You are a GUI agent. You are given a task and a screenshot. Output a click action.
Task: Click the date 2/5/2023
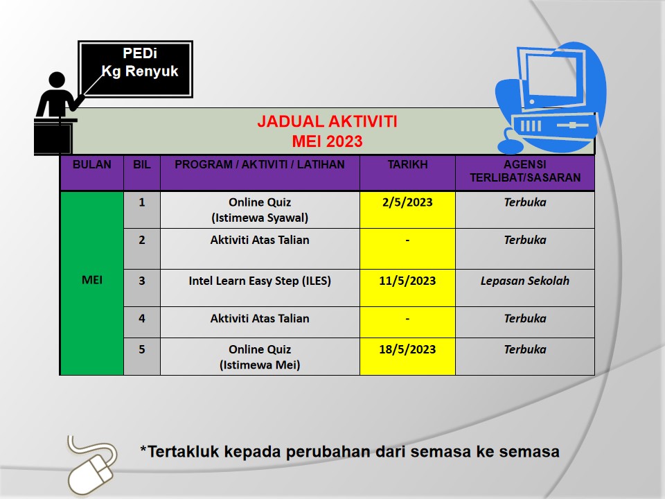pos(407,202)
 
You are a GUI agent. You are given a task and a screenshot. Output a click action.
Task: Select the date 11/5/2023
pos(407,281)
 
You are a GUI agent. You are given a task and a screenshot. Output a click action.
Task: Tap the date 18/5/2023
pos(407,349)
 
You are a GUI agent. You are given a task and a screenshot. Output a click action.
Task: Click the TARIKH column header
pos(407,165)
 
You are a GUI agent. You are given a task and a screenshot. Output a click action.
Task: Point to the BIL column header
pos(141,165)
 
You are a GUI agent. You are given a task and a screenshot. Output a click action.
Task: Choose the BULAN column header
pos(91,165)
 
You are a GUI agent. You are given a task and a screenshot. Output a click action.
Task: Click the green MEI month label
pos(92,280)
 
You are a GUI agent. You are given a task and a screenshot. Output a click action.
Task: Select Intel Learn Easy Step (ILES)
pos(260,281)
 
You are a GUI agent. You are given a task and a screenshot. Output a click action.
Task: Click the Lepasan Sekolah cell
pos(524,281)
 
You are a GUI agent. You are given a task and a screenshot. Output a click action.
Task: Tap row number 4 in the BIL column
pos(141,318)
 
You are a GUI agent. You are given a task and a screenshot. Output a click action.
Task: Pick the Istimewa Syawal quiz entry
pos(260,210)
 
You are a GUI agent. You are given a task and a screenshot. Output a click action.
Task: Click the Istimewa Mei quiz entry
pos(260,357)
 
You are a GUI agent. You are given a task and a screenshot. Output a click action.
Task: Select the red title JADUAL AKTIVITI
pos(327,121)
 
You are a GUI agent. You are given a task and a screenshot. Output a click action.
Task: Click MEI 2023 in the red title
pos(327,141)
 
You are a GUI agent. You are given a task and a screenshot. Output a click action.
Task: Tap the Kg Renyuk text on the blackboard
pos(140,71)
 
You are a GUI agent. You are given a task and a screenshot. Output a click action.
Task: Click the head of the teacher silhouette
pos(57,80)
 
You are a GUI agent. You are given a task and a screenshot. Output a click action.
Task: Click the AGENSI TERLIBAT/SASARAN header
pos(525,171)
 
